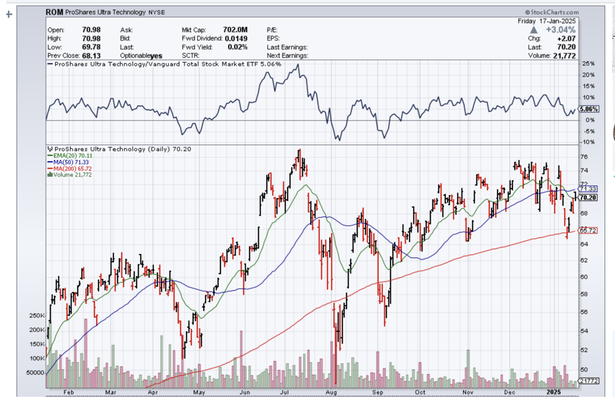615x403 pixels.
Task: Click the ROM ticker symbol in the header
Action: coord(54,11)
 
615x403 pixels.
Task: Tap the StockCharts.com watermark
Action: coord(552,12)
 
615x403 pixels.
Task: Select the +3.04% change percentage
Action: coord(561,29)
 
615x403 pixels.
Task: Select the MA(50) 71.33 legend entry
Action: coord(72,162)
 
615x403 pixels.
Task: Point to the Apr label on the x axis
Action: coord(153,392)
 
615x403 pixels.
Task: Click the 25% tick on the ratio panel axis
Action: coord(587,63)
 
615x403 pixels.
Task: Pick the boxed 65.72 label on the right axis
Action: coord(589,230)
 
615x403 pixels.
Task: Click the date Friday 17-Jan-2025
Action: coord(546,21)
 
